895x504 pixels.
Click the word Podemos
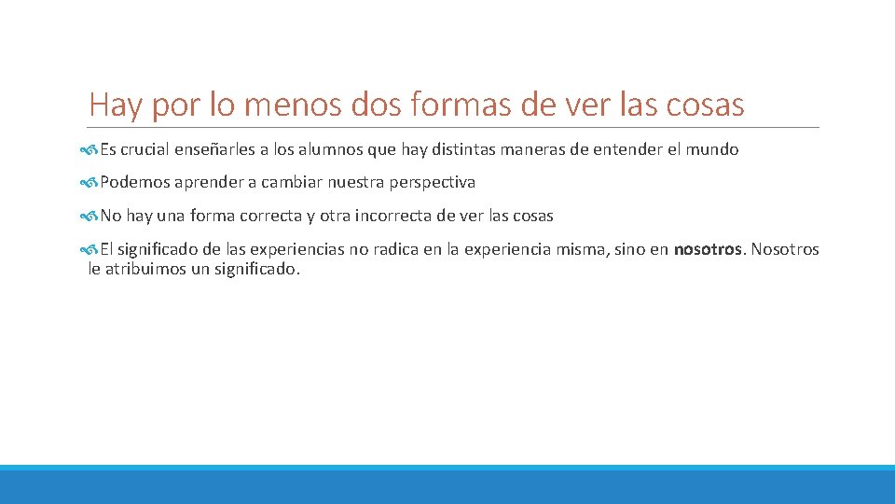click(132, 183)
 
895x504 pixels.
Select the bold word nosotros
click(708, 249)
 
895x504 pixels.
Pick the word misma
click(583, 249)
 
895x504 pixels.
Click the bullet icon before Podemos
click(89, 183)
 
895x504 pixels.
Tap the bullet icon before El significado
click(89, 249)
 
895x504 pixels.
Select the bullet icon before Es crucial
click(89, 149)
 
